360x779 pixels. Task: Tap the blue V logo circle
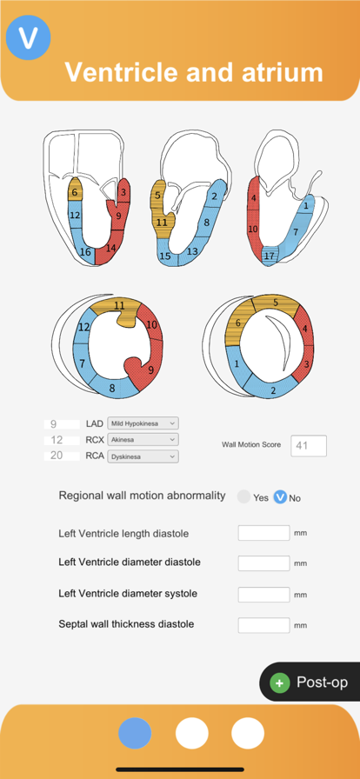point(29,37)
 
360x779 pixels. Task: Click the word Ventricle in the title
point(121,72)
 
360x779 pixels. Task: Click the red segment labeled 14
point(110,247)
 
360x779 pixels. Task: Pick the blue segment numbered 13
point(192,251)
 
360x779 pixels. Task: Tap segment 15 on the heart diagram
point(164,256)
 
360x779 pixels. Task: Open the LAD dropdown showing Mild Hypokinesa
point(143,423)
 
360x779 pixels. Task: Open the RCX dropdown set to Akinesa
point(143,440)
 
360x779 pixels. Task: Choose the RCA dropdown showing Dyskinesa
point(143,456)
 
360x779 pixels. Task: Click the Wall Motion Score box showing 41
point(309,446)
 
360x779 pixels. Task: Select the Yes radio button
point(243,496)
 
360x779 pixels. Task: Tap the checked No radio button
point(281,496)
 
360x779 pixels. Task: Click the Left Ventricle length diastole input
point(264,533)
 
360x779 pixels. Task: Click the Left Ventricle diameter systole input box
point(264,594)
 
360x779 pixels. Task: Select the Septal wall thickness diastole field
point(264,625)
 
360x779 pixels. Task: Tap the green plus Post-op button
point(310,682)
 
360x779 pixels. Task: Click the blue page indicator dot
point(135,733)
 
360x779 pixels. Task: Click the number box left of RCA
point(62,456)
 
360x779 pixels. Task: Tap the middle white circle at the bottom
point(192,733)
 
